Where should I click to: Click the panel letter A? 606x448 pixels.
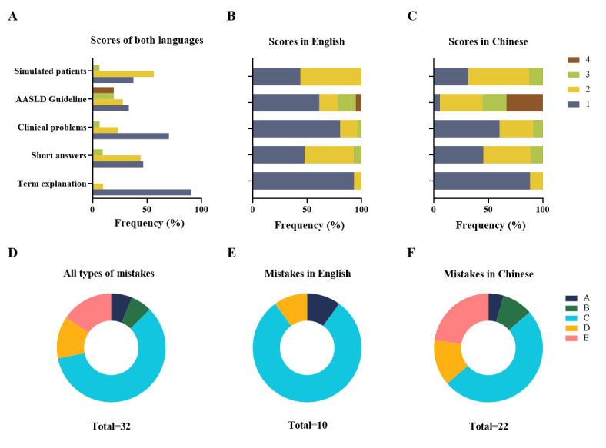coord(12,16)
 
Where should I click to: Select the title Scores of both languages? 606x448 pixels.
coord(147,41)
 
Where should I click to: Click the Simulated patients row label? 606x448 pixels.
coord(50,71)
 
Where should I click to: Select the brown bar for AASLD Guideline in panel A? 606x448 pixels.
coord(103,90)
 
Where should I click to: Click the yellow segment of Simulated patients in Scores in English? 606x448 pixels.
coord(331,76)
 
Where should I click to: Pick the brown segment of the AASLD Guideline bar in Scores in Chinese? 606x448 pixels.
coord(524,103)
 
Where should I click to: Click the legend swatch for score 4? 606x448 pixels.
coord(572,59)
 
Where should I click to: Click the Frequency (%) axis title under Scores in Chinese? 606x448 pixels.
coord(488,225)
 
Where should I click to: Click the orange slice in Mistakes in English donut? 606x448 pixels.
coord(291,307)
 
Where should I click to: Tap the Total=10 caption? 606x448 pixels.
coord(307,425)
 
